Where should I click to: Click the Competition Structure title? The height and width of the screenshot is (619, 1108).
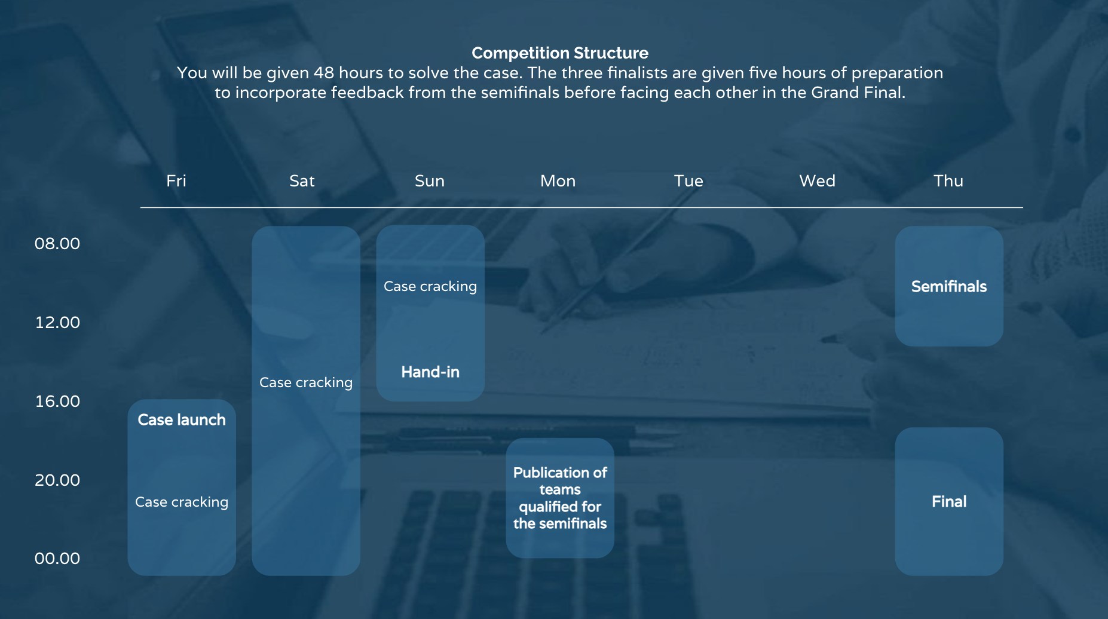560,53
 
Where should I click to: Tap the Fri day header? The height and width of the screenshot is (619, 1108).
176,181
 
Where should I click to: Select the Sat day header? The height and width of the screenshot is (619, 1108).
302,181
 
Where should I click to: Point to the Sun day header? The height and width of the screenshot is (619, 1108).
430,181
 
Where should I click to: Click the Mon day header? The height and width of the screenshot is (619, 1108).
558,181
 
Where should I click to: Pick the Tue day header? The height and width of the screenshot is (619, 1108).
688,181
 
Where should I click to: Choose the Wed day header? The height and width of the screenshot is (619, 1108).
818,181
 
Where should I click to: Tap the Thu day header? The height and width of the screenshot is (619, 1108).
948,181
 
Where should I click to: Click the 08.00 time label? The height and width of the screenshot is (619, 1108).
57,244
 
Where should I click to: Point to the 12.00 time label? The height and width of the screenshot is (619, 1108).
57,323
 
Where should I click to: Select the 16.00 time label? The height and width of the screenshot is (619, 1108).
57,402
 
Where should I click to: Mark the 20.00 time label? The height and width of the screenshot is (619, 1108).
57,480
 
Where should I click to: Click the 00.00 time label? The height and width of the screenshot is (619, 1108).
57,559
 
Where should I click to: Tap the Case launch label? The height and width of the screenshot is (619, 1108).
182,420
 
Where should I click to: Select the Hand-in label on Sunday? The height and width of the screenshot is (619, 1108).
430,372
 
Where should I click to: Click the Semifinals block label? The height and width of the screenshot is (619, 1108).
949,287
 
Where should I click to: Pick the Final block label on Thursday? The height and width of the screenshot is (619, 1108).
949,502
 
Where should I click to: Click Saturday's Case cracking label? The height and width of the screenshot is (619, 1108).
306,383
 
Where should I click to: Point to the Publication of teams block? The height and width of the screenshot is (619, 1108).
560,498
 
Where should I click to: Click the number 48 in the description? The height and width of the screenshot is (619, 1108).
324,73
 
